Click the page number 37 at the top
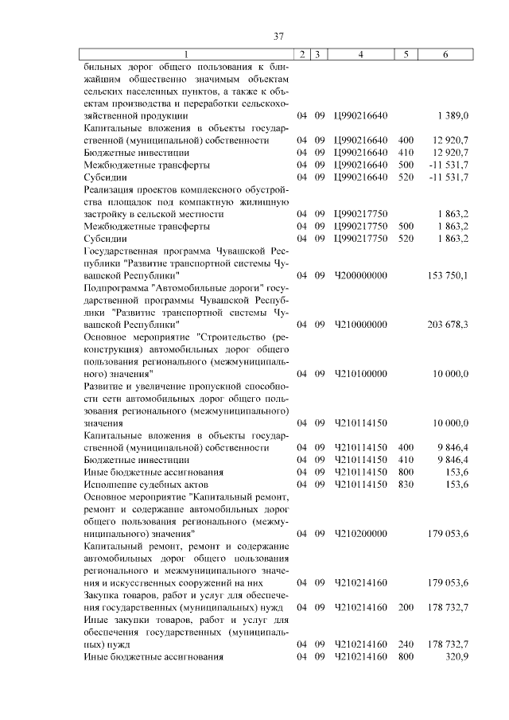pyautogui.click(x=278, y=37)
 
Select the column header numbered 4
pyautogui.click(x=361, y=54)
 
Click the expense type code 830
pyautogui.click(x=406, y=484)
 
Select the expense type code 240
pyautogui.click(x=406, y=644)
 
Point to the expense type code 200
pyautogui.click(x=406, y=607)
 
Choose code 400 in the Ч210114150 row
pyautogui.click(x=406, y=447)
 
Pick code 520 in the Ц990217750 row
pyautogui.click(x=406, y=238)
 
